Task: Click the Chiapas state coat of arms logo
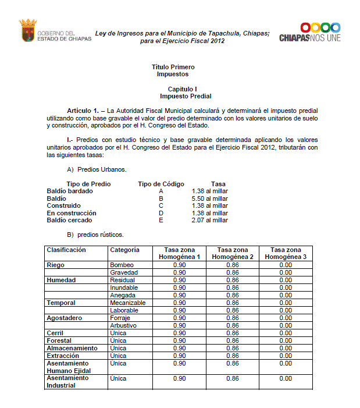27,30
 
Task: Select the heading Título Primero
173,68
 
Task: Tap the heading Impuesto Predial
185,95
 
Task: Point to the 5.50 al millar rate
209,198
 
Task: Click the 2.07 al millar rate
209,220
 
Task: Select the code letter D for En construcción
161,213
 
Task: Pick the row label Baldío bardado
70,191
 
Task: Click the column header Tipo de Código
161,184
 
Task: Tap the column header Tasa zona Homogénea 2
233,253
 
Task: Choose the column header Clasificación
66,250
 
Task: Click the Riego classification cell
56,265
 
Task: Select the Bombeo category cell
122,265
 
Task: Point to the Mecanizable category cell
129,303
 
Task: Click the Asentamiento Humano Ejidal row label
69,367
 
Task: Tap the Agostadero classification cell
65,318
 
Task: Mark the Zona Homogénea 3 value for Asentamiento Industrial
285,378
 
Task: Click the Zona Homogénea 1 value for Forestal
179,340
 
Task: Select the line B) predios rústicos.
95,235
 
